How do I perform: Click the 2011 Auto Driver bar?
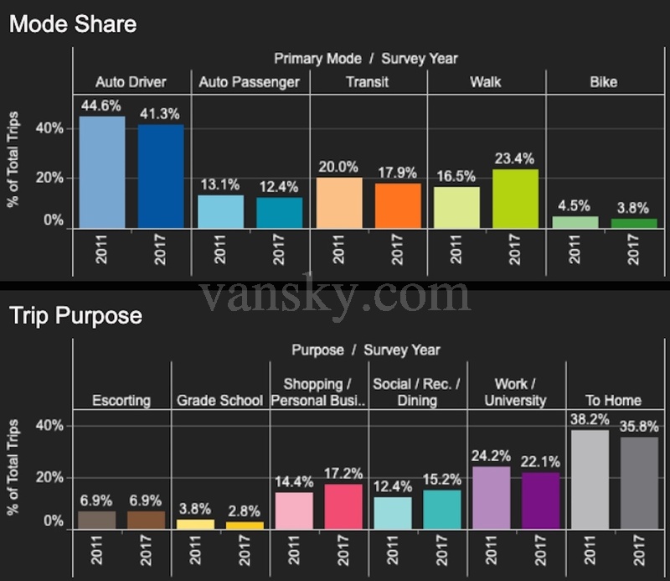pyautogui.click(x=102, y=172)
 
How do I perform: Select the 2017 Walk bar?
pyautogui.click(x=515, y=199)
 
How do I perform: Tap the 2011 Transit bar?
pyautogui.click(x=339, y=203)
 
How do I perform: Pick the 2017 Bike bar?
pyautogui.click(x=633, y=223)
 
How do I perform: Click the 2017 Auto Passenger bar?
pyautogui.click(x=280, y=212)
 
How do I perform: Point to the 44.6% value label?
pyautogui.click(x=102, y=106)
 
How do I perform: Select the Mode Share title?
pyautogui.click(x=73, y=23)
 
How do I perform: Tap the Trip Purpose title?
pyautogui.click(x=75, y=316)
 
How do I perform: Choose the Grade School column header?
pyautogui.click(x=219, y=401)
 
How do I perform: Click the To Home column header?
pyautogui.click(x=614, y=401)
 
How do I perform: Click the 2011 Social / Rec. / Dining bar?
pyautogui.click(x=392, y=513)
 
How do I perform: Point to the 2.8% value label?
pyautogui.click(x=245, y=511)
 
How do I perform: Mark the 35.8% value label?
pyautogui.click(x=639, y=426)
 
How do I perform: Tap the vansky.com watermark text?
pyautogui.click(x=335, y=295)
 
